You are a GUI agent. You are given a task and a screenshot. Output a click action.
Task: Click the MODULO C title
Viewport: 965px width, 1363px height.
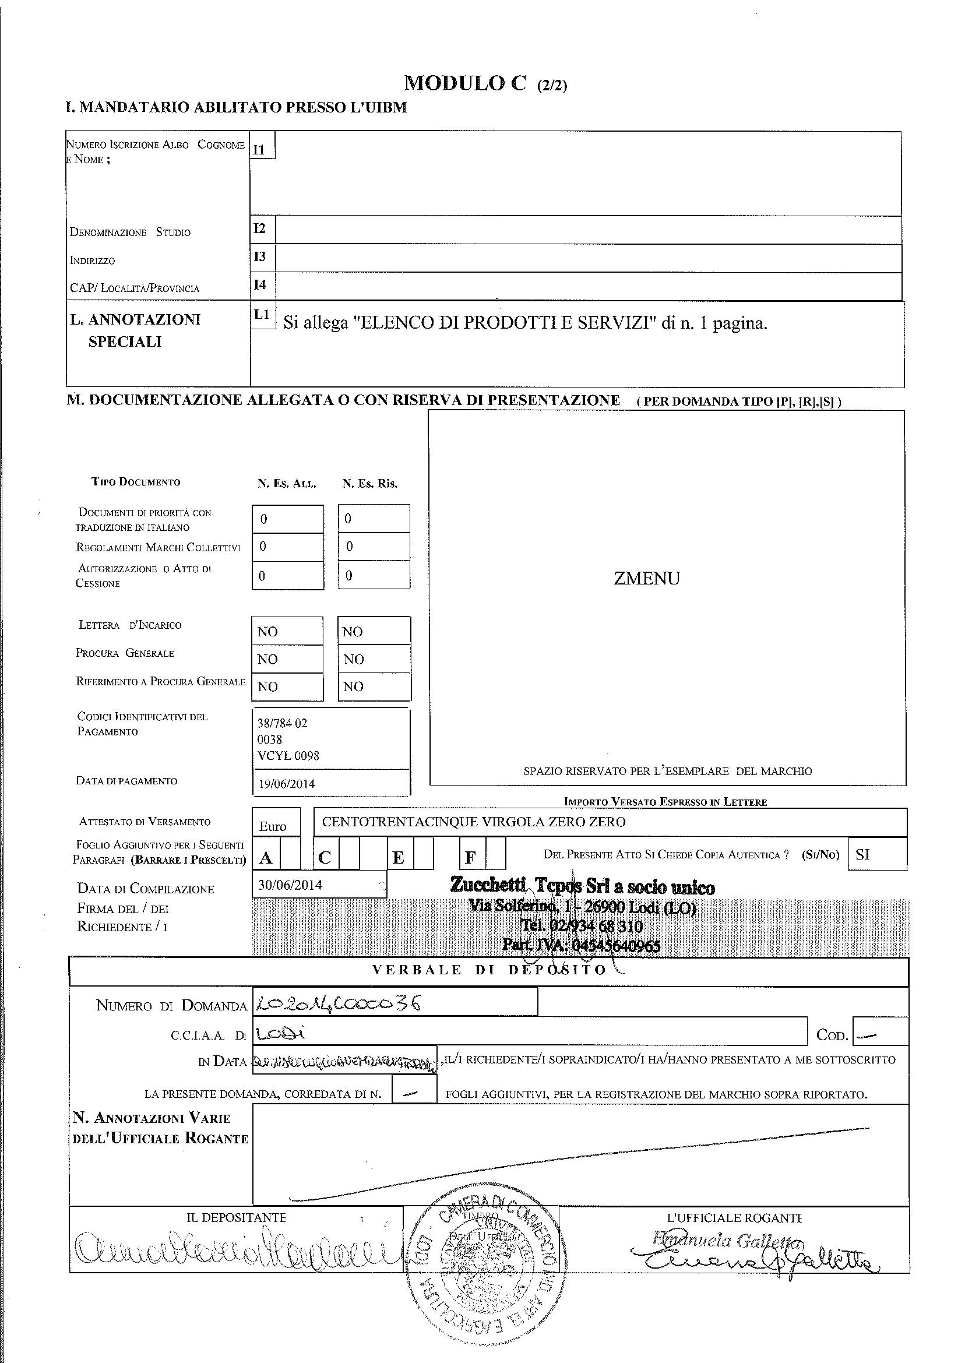[464, 84]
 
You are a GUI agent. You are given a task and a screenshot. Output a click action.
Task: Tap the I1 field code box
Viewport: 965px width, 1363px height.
[262, 149]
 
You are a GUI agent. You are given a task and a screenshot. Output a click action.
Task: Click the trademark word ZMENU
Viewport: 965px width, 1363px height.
[646, 579]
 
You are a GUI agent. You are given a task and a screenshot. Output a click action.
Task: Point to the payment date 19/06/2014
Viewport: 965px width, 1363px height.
[286, 784]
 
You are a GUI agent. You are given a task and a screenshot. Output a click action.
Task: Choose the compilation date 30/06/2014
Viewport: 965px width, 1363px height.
[290, 885]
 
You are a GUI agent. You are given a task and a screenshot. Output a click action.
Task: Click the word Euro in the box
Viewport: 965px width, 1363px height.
[273, 826]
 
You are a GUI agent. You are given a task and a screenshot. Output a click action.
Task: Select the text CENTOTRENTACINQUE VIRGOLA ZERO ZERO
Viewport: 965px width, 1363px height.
[473, 822]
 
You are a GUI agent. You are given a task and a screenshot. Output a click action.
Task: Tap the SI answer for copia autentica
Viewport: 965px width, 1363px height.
[862, 855]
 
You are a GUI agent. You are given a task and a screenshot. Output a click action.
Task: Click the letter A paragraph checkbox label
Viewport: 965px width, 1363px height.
[266, 858]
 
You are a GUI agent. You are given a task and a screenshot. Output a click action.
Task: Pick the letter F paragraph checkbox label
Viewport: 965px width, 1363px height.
[471, 858]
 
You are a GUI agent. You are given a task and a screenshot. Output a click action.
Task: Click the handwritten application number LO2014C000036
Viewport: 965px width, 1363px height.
[337, 1003]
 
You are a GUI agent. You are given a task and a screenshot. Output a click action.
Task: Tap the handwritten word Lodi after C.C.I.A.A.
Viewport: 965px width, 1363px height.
[279, 1034]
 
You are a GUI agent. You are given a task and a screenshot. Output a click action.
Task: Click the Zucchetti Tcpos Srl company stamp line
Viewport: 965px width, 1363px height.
[582, 887]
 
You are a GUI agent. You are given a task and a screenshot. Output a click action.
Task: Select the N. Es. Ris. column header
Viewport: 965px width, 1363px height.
[369, 484]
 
